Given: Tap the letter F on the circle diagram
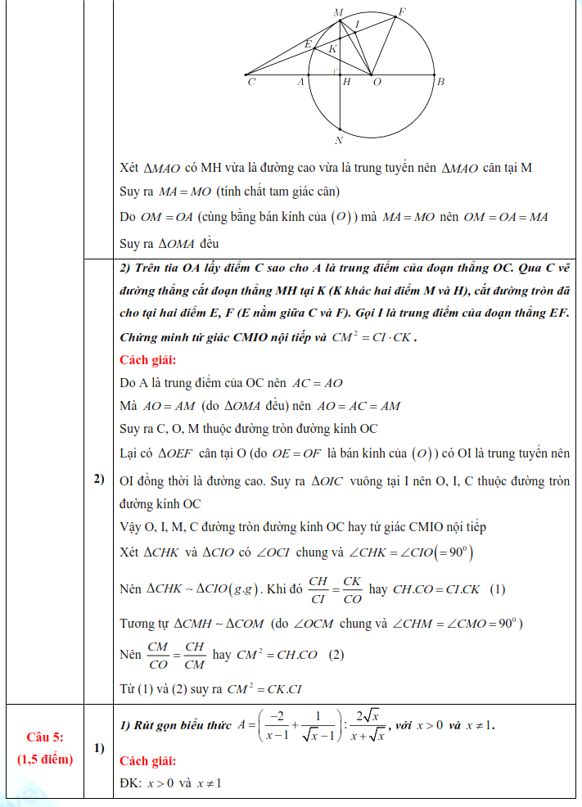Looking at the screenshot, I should tap(402, 11).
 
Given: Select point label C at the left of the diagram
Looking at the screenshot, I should tap(250, 82).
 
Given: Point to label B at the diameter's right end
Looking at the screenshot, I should tap(440, 82).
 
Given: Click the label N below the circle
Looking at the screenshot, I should tap(339, 140).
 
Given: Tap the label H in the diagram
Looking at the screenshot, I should tap(347, 82).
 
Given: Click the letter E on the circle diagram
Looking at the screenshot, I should tap(308, 43).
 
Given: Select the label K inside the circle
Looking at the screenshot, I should tap(332, 49).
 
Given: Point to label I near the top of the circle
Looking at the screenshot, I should tap(357, 25).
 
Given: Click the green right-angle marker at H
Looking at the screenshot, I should tap(336, 72).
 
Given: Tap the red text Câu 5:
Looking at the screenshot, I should tap(45, 737).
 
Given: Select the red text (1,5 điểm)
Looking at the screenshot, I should tap(45, 759).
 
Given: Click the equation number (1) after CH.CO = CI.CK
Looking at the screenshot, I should tap(497, 588).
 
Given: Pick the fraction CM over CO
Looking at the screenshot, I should tap(156, 655).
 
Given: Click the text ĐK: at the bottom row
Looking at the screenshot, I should tap(131, 784).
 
